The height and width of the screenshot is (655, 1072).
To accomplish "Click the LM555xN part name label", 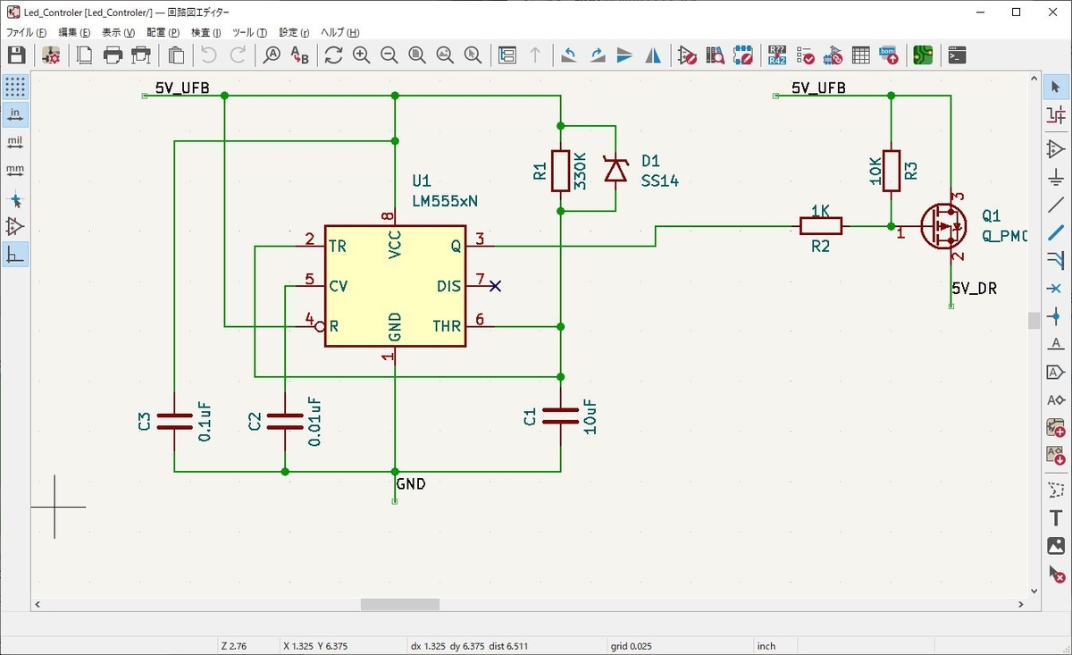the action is (x=445, y=201).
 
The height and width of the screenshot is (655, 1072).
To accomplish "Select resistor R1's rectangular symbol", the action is (x=560, y=171).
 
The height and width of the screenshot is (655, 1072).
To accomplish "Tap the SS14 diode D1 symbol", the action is (x=616, y=169).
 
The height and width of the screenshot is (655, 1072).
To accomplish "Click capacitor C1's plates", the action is (x=560, y=416).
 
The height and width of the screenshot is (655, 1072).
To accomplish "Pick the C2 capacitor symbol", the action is (x=285, y=422).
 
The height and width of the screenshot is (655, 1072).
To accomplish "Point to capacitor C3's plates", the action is (x=174, y=422).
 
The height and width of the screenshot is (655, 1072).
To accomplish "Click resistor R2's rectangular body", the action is (x=821, y=226).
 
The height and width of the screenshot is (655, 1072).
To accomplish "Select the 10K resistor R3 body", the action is (x=892, y=171).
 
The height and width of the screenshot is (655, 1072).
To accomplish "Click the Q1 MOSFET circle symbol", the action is (x=943, y=226).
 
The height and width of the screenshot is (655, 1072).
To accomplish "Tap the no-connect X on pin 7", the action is (x=495, y=286).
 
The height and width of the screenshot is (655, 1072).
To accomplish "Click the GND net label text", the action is (x=411, y=484).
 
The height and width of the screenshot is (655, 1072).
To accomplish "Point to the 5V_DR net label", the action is (x=974, y=289).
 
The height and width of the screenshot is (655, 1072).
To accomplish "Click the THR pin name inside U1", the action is (x=447, y=326).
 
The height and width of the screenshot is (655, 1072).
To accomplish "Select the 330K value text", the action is (x=580, y=171).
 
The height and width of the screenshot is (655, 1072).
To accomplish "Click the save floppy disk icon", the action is (x=16, y=55).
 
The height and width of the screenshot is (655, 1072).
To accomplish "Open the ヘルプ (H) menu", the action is (x=339, y=32).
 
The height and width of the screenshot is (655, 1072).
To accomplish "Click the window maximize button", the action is (x=1016, y=12).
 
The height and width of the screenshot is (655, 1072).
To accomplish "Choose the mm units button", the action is (x=15, y=171).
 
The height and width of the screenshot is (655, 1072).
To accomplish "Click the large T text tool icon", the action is (x=1056, y=518).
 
